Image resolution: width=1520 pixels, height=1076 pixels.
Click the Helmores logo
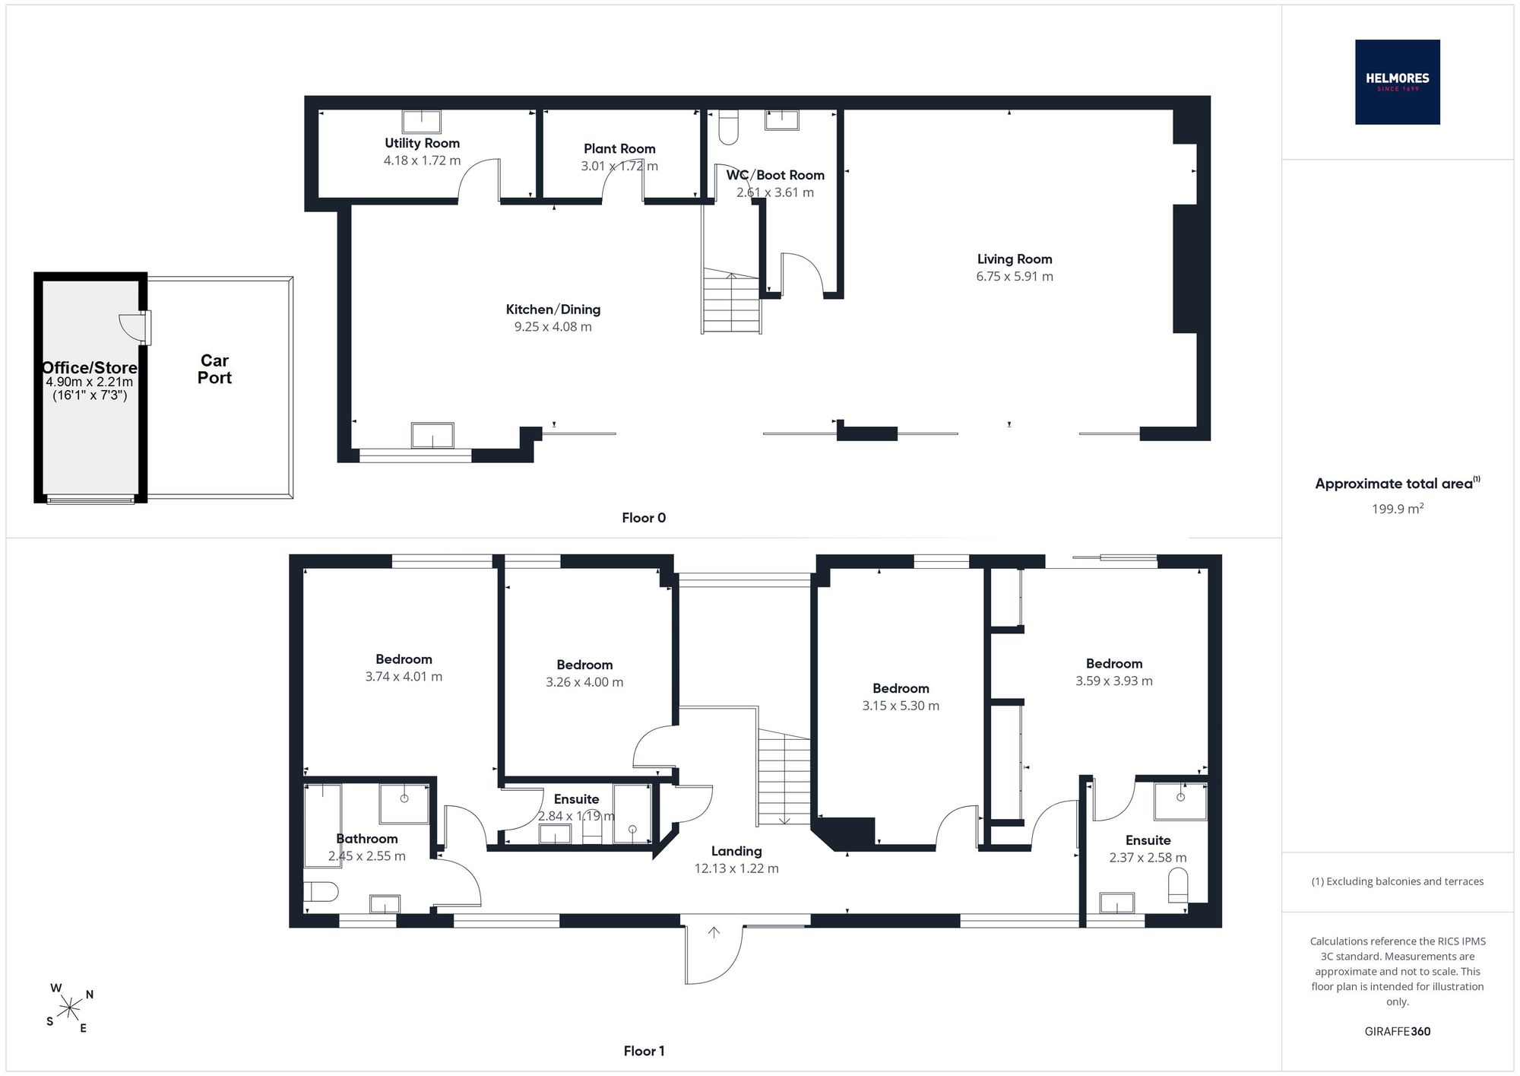(1397, 81)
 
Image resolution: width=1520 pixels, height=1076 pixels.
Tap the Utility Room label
(422, 143)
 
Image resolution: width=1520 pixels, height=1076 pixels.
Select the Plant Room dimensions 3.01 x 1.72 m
(619, 166)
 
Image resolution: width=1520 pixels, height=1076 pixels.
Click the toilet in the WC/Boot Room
(728, 127)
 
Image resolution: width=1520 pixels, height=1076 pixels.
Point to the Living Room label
(1015, 259)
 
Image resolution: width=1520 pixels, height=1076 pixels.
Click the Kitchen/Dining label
(553, 309)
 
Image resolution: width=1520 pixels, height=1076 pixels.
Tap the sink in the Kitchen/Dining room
(432, 436)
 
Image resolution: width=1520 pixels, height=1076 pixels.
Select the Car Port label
(214, 369)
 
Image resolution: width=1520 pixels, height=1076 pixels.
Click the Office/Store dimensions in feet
(90, 395)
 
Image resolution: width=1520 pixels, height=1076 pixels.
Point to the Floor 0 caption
(644, 518)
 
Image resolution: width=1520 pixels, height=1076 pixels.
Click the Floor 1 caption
(644, 1051)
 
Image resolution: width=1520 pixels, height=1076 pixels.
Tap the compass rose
(70, 1008)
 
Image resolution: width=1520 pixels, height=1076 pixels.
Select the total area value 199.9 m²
(1397, 509)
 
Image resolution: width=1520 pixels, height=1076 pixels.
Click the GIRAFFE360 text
(1398, 1032)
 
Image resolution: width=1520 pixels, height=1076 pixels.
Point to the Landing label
(736, 852)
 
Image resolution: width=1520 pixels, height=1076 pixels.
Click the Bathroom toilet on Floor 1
(321, 891)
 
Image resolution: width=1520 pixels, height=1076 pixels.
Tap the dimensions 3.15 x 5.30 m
(901, 706)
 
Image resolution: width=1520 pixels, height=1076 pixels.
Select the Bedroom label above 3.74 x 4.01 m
(404, 659)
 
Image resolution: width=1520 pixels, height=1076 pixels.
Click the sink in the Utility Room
(421, 122)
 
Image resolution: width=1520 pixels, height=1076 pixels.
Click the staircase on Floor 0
(731, 302)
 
